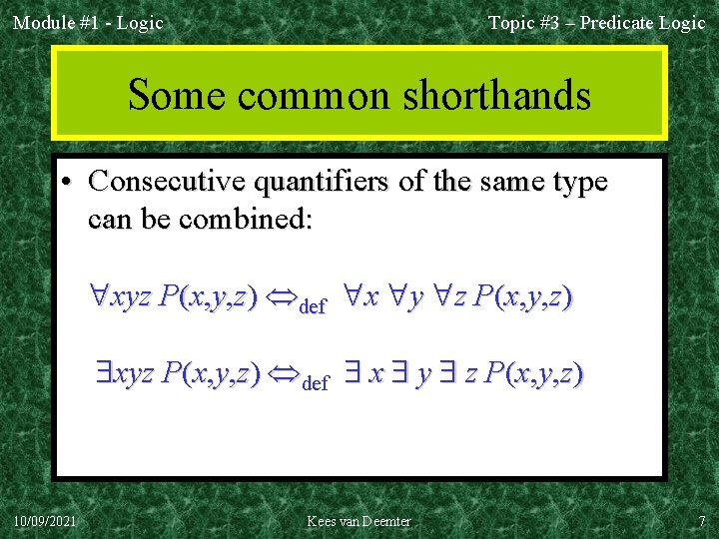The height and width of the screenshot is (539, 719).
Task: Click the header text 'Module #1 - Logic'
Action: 88,23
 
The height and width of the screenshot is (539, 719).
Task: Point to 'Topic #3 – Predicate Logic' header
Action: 596,23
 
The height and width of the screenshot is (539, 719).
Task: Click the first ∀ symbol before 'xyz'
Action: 98,296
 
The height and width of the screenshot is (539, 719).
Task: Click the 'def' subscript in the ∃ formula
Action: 315,382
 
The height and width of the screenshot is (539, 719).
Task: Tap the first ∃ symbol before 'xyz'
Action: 102,374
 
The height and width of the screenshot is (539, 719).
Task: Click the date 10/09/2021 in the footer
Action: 45,521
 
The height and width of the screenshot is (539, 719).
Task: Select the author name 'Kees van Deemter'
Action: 359,521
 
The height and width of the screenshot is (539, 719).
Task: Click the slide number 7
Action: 702,521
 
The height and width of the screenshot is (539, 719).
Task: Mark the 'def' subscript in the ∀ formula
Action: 313,305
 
